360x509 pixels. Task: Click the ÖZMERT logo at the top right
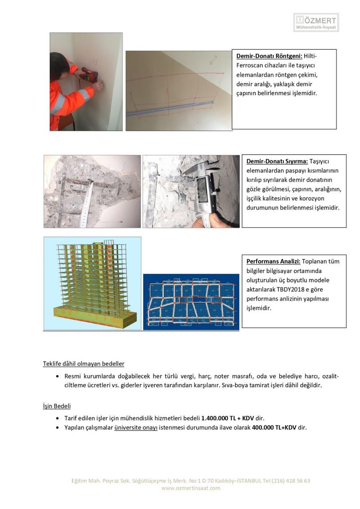tap(316, 22)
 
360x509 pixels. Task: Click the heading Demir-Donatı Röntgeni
tap(270, 56)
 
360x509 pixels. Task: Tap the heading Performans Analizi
tap(273, 261)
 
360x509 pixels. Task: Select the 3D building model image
tap(93, 283)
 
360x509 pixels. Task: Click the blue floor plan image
tap(191, 302)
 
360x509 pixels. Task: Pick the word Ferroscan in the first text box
tap(249, 65)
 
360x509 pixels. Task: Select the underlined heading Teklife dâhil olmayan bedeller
tap(84, 364)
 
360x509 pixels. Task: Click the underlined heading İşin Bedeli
tap(57, 406)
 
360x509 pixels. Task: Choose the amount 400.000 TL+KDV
tap(274, 428)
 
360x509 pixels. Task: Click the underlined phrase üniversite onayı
tap(136, 428)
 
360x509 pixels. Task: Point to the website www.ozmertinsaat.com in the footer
tap(191, 488)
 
